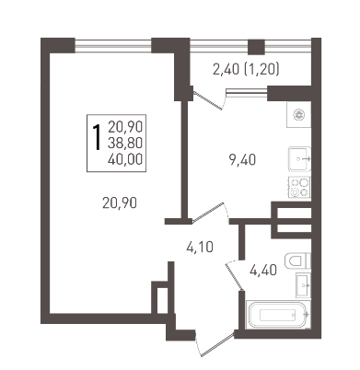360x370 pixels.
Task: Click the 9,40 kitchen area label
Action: [242, 160]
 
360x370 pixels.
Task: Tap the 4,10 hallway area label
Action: [200, 247]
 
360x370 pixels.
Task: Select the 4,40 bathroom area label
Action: [263, 271]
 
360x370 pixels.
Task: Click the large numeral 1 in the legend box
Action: [97, 137]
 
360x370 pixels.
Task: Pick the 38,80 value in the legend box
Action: [125, 143]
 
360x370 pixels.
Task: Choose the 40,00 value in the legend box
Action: [125, 159]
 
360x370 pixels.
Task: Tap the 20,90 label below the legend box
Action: [120, 202]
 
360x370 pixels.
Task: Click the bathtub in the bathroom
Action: [279, 315]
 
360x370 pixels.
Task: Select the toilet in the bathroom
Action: [298, 260]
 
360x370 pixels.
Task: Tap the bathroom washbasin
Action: [303, 285]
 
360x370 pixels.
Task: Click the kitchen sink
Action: [299, 159]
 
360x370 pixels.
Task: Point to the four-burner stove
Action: [299, 187]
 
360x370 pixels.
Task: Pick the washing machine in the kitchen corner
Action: [299, 114]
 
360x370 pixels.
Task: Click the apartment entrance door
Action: [214, 343]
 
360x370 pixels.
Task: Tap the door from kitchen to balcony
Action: [209, 98]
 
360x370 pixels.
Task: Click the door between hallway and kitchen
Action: [211, 213]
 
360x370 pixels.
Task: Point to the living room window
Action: [113, 47]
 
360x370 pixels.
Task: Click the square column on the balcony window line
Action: [256, 47]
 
